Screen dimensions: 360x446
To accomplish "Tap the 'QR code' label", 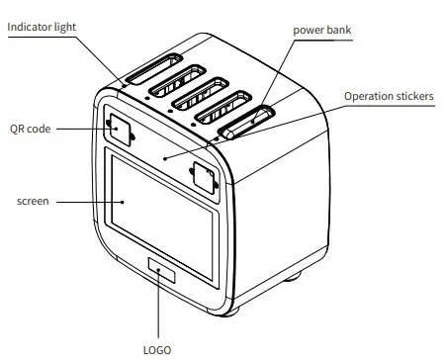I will [x=32, y=129].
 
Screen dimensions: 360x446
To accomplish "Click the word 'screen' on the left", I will [x=34, y=201].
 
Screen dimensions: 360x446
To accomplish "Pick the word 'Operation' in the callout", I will [x=368, y=96].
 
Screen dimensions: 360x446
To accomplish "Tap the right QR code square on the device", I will [x=204, y=178].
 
